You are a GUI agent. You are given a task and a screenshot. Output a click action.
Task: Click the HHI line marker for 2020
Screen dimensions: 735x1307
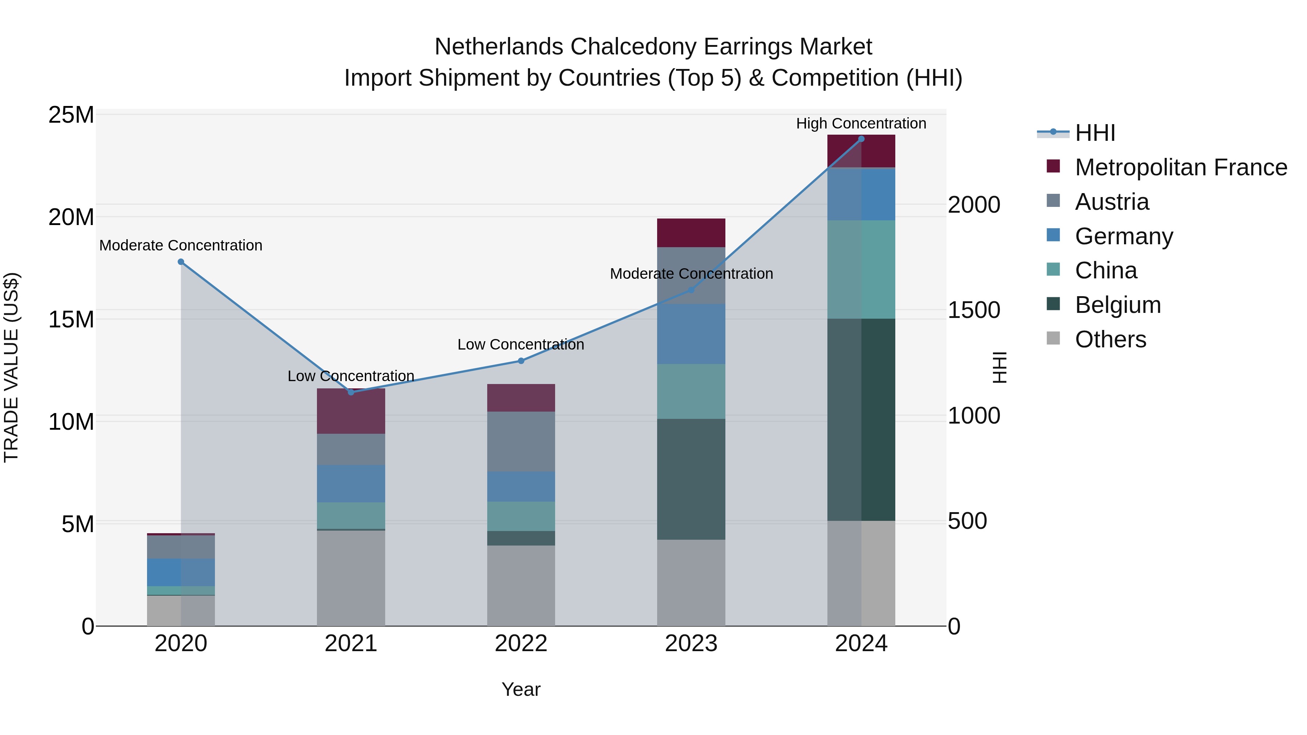[x=181, y=262]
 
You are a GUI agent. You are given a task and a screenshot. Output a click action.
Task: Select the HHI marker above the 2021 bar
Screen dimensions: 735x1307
[x=351, y=392]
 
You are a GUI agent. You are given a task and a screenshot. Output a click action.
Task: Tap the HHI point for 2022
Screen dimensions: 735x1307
[x=521, y=361]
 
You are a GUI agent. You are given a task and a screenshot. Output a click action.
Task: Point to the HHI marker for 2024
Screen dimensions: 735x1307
[x=861, y=139]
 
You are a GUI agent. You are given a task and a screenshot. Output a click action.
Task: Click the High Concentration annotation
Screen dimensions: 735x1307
[x=861, y=123]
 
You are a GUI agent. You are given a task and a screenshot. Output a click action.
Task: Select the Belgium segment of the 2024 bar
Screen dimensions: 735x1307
[x=861, y=420]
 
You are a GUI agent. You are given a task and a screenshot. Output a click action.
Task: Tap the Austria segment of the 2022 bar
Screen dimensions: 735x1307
[x=521, y=441]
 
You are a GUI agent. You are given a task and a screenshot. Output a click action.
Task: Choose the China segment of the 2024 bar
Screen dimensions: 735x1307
[x=861, y=269]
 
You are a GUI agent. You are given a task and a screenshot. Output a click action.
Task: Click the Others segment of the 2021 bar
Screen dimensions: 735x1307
[x=351, y=578]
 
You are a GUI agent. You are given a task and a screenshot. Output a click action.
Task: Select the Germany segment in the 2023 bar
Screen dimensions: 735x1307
[x=691, y=334]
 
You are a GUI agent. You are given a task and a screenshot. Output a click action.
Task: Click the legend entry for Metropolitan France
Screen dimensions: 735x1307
[x=1180, y=167]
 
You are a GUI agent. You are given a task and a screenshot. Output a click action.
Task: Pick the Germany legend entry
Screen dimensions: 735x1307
[x=1123, y=236]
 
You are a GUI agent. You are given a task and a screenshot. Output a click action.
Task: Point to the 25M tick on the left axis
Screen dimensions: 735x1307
[x=71, y=115]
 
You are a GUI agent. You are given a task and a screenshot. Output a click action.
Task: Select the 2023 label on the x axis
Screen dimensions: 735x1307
[x=691, y=644]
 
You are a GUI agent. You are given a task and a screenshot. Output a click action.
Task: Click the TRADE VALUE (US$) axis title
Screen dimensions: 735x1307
[x=11, y=367]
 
